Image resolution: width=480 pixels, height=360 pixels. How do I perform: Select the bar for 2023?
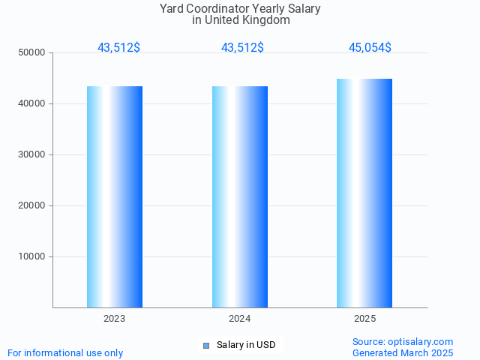[x=115, y=196]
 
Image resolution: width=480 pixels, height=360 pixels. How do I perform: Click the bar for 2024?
[x=240, y=196]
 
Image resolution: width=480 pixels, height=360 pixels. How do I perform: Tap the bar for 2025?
[x=364, y=193]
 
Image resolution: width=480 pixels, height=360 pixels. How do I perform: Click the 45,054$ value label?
[x=370, y=48]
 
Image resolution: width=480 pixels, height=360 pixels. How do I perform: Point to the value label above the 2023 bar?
[x=118, y=48]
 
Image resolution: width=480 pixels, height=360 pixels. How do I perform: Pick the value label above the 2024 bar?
[x=242, y=48]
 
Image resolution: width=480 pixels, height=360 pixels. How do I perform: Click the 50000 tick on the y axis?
[x=32, y=52]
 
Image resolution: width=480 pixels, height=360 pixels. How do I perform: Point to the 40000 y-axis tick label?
[x=32, y=103]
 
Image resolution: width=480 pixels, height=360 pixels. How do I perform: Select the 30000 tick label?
[x=32, y=154]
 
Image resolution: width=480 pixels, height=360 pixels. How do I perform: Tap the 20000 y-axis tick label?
[x=32, y=205]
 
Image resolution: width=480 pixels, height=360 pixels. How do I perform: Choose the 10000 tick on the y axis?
[x=32, y=256]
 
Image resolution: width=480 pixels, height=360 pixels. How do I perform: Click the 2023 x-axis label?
[x=115, y=319]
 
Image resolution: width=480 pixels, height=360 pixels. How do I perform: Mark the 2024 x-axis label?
[x=240, y=319]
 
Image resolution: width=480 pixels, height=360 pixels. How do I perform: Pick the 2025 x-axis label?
[x=365, y=319]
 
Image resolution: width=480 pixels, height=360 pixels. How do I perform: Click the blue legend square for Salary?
[x=207, y=346]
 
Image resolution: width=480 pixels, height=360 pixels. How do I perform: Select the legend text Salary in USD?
[x=246, y=345]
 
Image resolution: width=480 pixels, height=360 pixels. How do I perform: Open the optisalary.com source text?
[x=403, y=341]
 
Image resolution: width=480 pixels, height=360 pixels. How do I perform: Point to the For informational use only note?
[x=65, y=352]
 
